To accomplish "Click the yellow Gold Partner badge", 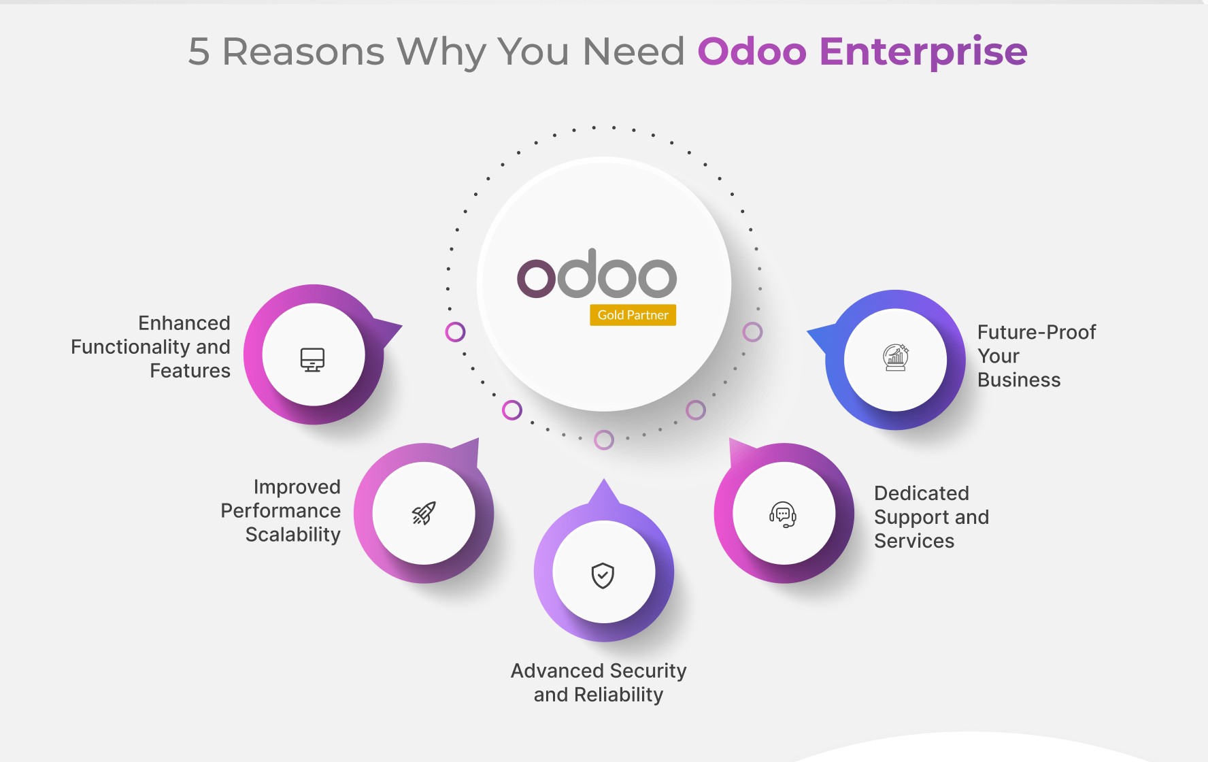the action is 633,315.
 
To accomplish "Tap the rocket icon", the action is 424,513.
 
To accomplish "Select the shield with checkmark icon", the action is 603,576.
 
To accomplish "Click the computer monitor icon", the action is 313,359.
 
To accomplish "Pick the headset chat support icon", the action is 783,514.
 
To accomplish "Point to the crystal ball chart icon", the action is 896,357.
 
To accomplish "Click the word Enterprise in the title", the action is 923,52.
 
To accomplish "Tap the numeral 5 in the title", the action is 199,52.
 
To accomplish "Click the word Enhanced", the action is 184,322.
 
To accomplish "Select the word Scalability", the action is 293,535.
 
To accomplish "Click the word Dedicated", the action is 922,493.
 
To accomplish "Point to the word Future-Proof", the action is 1037,332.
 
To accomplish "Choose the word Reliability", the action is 619,695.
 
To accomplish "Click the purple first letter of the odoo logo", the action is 537,278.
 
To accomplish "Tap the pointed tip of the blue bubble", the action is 807,331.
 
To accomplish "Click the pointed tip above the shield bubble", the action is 603,480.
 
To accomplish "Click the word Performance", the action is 281,511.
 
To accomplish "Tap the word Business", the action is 1019,380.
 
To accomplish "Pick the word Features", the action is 190,371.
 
